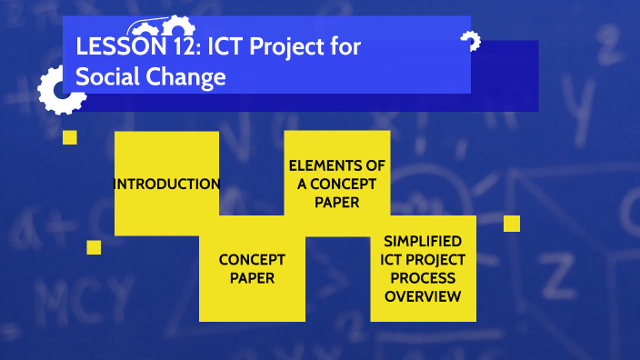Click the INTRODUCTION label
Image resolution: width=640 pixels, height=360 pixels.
click(166, 184)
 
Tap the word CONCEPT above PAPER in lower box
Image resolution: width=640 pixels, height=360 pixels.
click(252, 259)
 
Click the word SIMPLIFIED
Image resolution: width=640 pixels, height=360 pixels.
click(423, 241)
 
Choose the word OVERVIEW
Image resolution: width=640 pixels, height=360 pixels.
click(423, 295)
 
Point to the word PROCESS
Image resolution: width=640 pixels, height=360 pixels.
click(423, 277)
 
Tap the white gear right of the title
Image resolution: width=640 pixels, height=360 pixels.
click(469, 40)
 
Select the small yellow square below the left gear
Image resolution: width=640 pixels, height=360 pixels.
click(69, 137)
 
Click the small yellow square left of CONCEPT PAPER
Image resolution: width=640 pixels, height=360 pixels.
click(94, 247)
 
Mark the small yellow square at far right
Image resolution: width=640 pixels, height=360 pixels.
click(511, 224)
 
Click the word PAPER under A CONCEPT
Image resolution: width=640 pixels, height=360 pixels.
click(336, 202)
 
